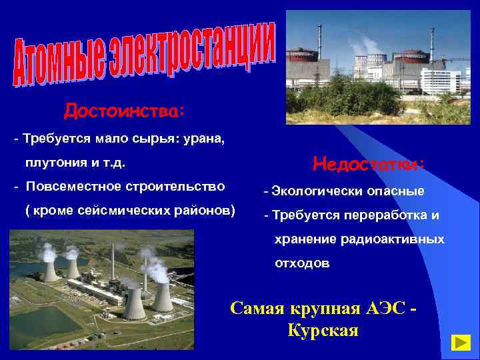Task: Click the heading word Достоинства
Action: pyautogui.click(x=124, y=109)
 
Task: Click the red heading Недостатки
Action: pyautogui.click(x=368, y=163)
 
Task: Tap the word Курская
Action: pyautogui.click(x=323, y=330)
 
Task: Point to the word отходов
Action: pyautogui.click(x=302, y=263)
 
